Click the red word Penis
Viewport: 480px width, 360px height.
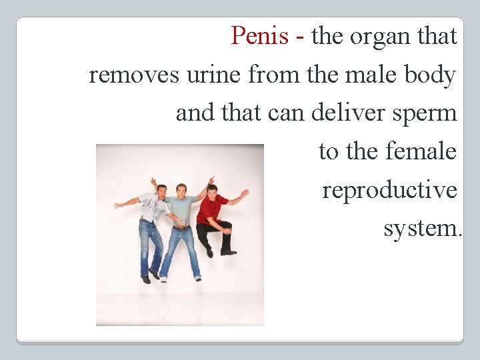click(x=260, y=36)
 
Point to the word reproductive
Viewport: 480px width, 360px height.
click(x=389, y=191)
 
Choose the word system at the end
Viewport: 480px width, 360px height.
click(x=421, y=229)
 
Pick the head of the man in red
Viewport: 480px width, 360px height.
click(x=213, y=190)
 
